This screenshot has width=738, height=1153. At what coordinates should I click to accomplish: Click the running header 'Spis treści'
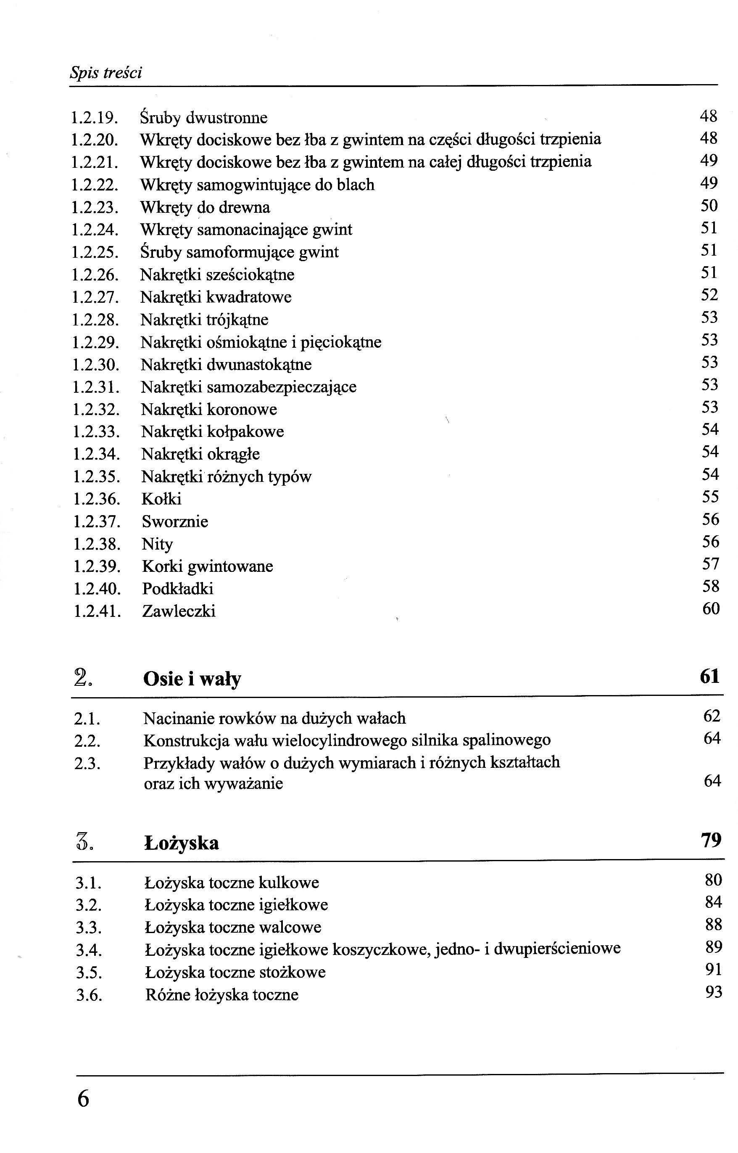[x=106, y=73]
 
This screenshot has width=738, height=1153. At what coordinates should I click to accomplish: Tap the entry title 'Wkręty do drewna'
[x=205, y=207]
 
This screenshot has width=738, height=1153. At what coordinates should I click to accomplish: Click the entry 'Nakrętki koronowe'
[x=209, y=410]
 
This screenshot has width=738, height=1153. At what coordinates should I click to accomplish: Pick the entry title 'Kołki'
[x=161, y=499]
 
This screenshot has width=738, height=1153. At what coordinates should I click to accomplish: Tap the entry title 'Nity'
[x=157, y=544]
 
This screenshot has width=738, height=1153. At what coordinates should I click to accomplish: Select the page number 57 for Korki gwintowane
[x=711, y=564]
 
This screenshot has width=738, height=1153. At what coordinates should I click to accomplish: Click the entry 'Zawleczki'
[x=179, y=611]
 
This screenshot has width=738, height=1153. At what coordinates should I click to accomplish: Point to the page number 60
[x=711, y=609]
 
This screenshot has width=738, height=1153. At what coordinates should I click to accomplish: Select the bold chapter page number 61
[x=710, y=677]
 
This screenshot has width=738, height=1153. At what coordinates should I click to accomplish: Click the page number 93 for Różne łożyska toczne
[x=714, y=992]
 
